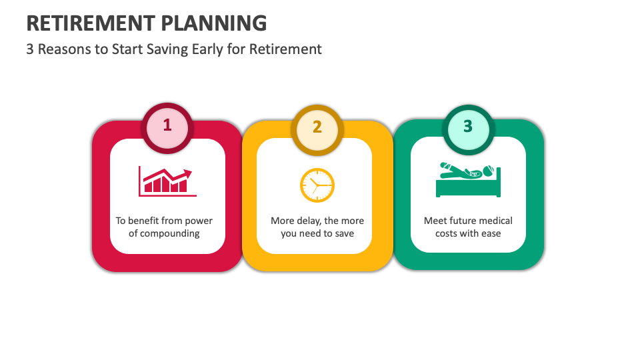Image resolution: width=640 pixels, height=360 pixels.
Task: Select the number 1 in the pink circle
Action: click(167, 125)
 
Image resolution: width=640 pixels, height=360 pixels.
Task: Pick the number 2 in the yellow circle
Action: click(317, 126)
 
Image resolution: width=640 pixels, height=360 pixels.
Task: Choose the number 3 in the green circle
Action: click(467, 125)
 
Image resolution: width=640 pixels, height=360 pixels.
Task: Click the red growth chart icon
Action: click(167, 181)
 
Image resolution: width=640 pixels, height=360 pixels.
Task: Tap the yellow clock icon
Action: click(317, 185)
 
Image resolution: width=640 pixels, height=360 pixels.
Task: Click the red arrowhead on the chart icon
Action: click(188, 173)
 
